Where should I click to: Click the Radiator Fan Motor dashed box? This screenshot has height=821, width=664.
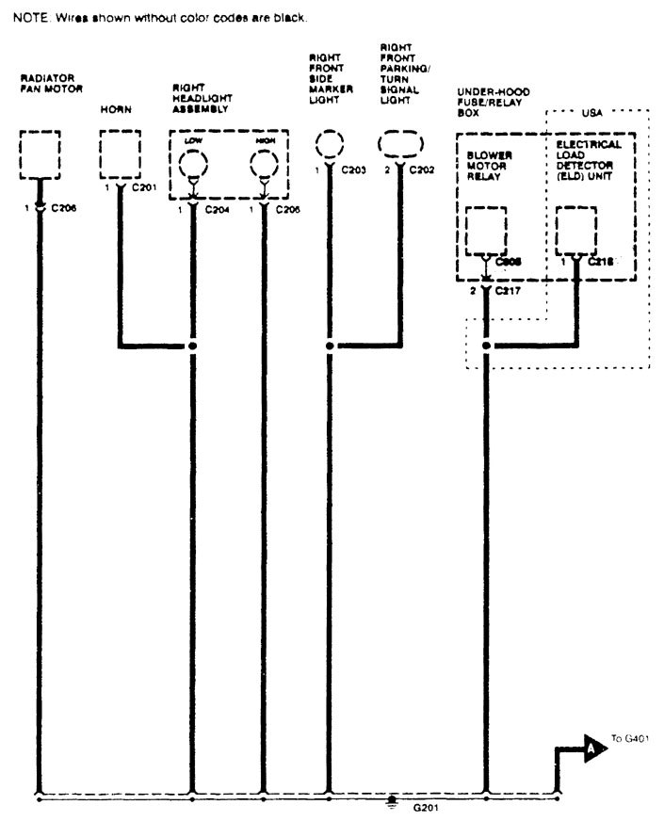click(x=40, y=153)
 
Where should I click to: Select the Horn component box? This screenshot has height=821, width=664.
click(x=120, y=153)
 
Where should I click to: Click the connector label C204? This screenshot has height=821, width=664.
click(x=219, y=209)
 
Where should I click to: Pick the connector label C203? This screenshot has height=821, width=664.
click(x=354, y=170)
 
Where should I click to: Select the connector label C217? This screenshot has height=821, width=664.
click(x=509, y=291)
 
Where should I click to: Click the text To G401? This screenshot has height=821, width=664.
click(x=631, y=739)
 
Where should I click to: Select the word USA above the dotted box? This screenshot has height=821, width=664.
click(x=591, y=112)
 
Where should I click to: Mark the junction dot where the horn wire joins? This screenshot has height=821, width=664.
click(x=193, y=346)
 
